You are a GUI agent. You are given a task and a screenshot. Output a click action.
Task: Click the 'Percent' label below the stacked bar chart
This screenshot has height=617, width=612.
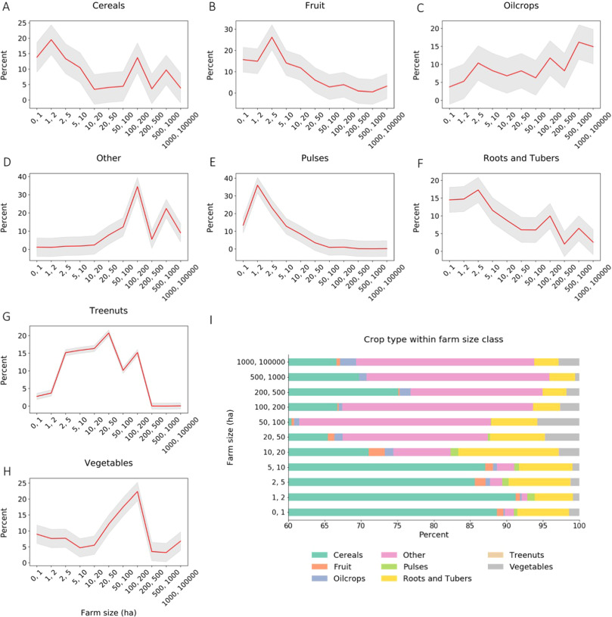[433, 535]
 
